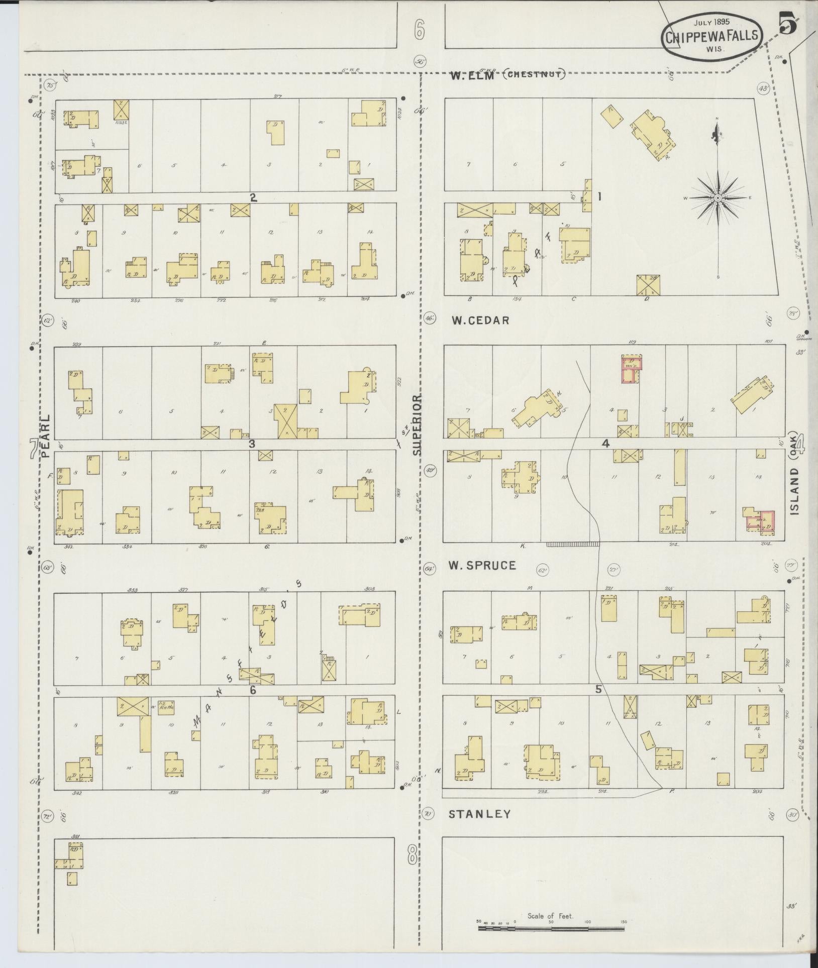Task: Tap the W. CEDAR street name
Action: (x=480, y=320)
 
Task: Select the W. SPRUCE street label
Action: (x=482, y=566)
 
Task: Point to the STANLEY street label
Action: (x=479, y=814)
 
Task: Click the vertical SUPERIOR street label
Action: (x=418, y=424)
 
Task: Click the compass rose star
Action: (x=718, y=198)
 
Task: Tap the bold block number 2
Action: (x=254, y=198)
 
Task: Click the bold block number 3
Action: (x=252, y=444)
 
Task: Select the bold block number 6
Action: (x=253, y=690)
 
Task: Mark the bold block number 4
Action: (x=605, y=444)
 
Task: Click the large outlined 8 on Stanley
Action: (x=412, y=854)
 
